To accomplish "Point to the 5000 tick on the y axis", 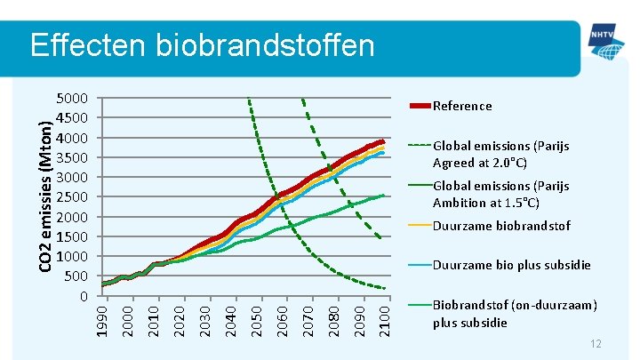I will pos(73,99).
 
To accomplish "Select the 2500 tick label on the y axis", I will pos(73,197).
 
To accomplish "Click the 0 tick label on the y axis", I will pos(82,296).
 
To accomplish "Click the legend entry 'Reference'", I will pos(461,106).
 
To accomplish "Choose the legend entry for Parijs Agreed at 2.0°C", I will pos(500,154).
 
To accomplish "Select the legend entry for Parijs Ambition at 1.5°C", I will pos(500,194).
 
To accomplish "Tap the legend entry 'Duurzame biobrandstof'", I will pos(501,226).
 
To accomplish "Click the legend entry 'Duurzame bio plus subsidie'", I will pos(511,265).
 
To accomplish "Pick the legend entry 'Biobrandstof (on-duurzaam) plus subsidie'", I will pos(514,314).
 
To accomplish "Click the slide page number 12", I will pos(596,344).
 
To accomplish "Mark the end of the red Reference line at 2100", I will pos(383,141).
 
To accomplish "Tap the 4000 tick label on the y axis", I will pos(73,138).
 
